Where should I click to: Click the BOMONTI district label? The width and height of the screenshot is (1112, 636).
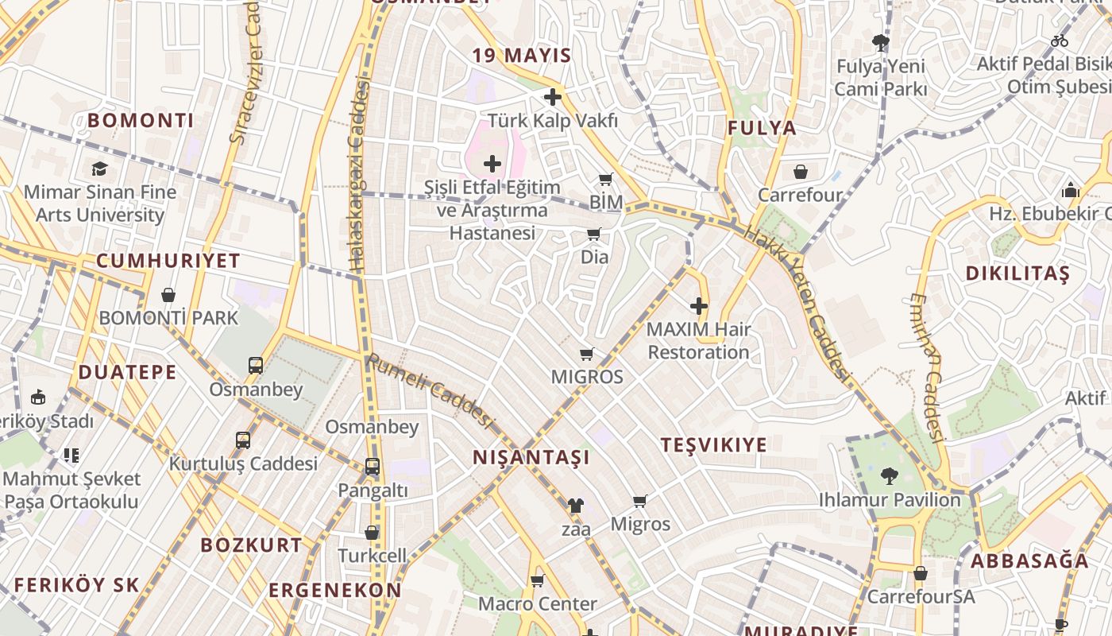pyautogui.click(x=141, y=121)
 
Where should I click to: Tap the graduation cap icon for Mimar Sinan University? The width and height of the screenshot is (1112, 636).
pyautogui.click(x=99, y=169)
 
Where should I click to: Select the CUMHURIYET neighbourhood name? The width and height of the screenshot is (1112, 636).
pyautogui.click(x=168, y=261)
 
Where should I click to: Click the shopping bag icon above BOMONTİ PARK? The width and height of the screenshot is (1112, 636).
pyautogui.click(x=168, y=295)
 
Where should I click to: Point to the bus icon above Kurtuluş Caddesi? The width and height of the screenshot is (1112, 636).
pyautogui.click(x=243, y=440)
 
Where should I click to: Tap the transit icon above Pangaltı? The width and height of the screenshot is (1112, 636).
pyautogui.click(x=373, y=467)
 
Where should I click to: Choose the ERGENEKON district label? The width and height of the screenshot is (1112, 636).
pyautogui.click(x=334, y=591)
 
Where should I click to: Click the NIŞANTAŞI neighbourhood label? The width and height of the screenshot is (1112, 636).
pyautogui.click(x=531, y=458)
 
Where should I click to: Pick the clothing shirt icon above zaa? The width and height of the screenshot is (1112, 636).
pyautogui.click(x=575, y=505)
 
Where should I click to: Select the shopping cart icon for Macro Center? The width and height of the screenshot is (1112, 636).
pyautogui.click(x=537, y=580)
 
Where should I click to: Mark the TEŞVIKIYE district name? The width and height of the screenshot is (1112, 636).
pyautogui.click(x=714, y=445)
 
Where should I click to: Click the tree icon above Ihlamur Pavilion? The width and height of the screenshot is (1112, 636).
pyautogui.click(x=889, y=476)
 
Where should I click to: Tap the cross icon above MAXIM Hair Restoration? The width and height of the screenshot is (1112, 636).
pyautogui.click(x=699, y=306)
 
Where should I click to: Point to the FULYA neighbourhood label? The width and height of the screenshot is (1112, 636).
pyautogui.click(x=762, y=128)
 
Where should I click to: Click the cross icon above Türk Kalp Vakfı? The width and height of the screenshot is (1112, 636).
pyautogui.click(x=553, y=97)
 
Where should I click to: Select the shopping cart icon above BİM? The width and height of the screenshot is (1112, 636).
pyautogui.click(x=606, y=179)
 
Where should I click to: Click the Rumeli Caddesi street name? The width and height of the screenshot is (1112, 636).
pyautogui.click(x=430, y=390)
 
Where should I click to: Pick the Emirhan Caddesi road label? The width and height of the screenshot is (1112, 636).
pyautogui.click(x=927, y=367)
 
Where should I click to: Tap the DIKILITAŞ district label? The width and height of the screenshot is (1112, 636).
pyautogui.click(x=1017, y=273)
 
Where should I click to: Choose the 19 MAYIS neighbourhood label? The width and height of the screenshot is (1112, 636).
pyautogui.click(x=522, y=56)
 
